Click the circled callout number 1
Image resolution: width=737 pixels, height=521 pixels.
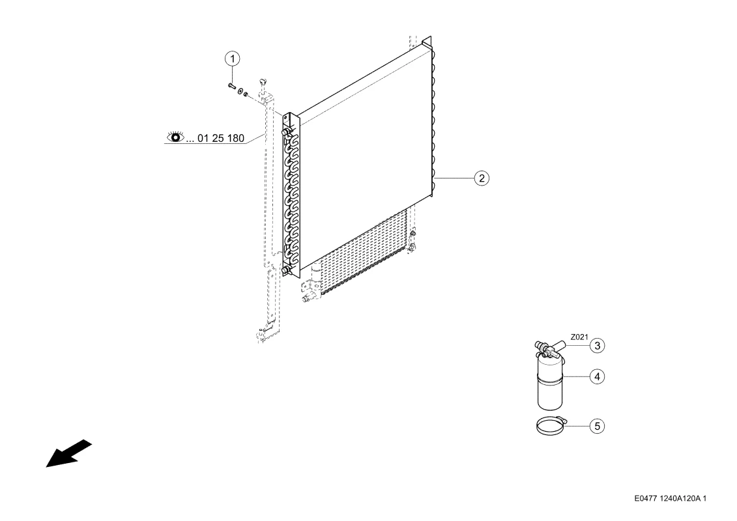(x=232, y=59)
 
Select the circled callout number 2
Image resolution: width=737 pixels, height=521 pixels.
(x=482, y=178)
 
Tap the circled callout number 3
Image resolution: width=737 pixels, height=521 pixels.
(x=597, y=346)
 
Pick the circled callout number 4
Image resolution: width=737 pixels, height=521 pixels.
(x=597, y=377)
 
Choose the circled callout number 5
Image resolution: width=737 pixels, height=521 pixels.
(x=597, y=426)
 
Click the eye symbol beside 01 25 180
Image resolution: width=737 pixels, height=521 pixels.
(x=176, y=137)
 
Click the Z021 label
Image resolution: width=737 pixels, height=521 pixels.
(x=579, y=337)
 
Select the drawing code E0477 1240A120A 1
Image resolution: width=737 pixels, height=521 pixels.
(x=671, y=498)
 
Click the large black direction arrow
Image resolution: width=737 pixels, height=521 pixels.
(x=68, y=454)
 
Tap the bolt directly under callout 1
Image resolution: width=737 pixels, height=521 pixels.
(x=231, y=86)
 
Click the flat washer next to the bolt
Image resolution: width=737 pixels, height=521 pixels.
(x=240, y=91)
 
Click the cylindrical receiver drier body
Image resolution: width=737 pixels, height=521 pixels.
(x=550, y=386)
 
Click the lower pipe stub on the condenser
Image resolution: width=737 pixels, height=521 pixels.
(x=285, y=270)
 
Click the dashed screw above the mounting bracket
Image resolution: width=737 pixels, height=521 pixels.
(x=263, y=82)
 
